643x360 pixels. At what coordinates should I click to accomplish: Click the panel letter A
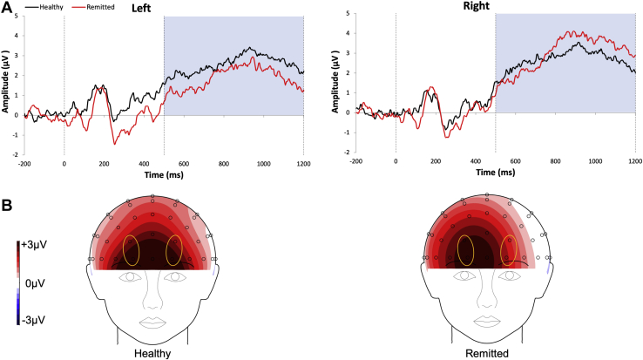(x=7, y=7)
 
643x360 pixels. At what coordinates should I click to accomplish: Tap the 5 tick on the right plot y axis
(x=347, y=14)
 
